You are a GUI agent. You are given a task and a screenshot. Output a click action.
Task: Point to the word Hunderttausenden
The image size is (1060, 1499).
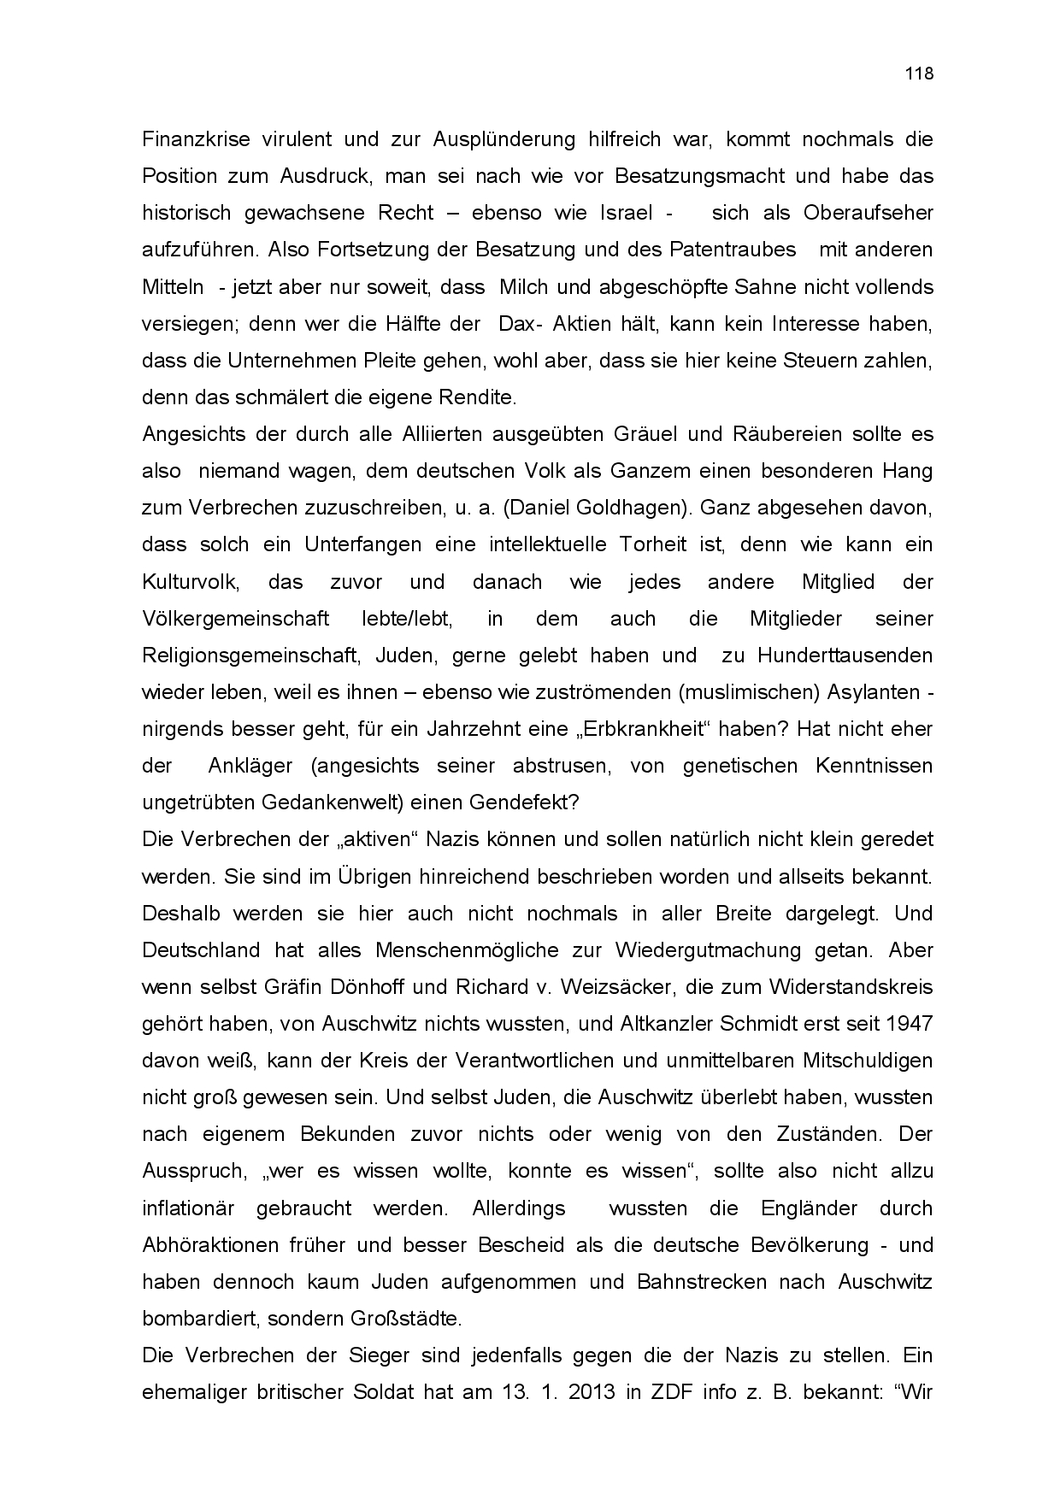coord(845,655)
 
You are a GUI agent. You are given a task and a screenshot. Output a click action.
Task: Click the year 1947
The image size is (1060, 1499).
coord(909,1024)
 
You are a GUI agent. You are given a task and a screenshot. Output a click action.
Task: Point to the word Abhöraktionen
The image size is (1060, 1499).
coord(210,1245)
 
